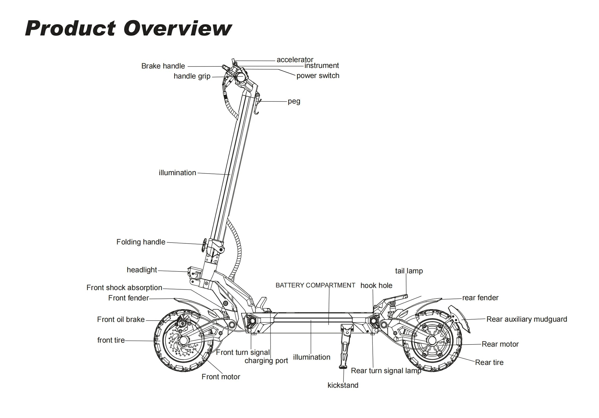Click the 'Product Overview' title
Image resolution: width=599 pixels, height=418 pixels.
[128, 28]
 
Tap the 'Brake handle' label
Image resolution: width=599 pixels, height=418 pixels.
[163, 66]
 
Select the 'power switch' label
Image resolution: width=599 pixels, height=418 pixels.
[318, 76]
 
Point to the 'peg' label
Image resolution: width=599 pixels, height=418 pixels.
[294, 101]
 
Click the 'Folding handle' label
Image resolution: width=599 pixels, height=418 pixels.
[141, 242]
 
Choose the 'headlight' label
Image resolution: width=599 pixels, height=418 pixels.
[142, 270]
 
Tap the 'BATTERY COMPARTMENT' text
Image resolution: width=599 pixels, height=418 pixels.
[315, 285]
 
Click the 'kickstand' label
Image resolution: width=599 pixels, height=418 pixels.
[343, 385]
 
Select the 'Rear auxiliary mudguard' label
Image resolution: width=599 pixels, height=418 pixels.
[527, 319]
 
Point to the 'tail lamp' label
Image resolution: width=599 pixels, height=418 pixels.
[409, 271]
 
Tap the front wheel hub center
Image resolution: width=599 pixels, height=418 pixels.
[184, 340]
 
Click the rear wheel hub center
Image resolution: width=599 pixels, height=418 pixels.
[432, 341]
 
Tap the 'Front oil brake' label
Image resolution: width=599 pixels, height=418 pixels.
[121, 320]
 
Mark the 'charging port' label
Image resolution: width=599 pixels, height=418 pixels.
[266, 361]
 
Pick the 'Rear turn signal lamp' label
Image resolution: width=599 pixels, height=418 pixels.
[386, 371]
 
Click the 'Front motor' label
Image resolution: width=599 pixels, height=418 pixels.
[221, 377]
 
